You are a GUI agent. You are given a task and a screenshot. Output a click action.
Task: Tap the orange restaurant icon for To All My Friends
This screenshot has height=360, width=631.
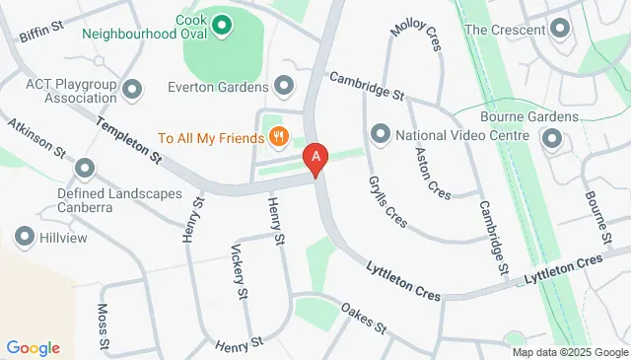point(280,137)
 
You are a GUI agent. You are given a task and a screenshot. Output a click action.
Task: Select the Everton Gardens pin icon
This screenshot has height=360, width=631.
point(285,85)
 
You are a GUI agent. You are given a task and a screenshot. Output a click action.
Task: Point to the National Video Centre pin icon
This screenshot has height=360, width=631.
point(381,133)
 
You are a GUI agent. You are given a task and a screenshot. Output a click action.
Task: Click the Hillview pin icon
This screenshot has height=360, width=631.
point(24,237)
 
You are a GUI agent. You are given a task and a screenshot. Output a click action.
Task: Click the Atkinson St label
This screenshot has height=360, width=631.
point(38,141)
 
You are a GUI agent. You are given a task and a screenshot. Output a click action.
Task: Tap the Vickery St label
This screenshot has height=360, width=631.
point(238,271)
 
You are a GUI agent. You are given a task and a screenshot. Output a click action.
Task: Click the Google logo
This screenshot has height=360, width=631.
point(34,347)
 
